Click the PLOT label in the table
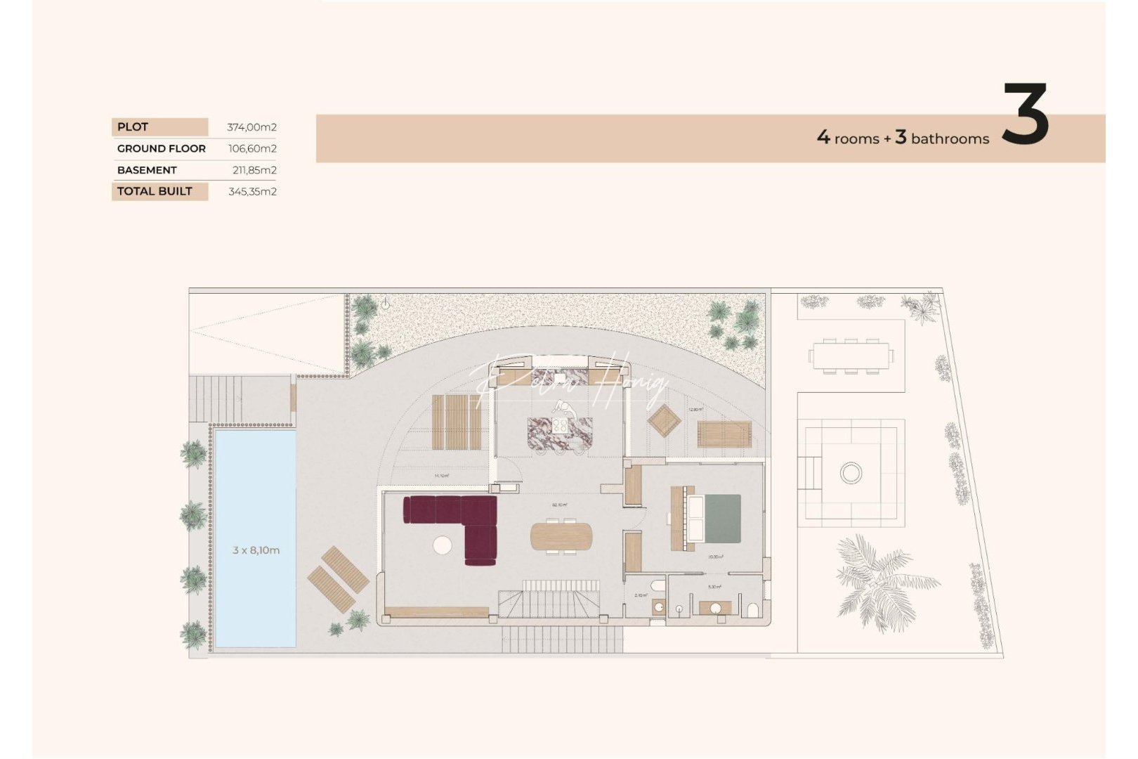[x=133, y=127]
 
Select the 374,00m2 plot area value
[x=251, y=127]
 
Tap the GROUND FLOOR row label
[x=161, y=149]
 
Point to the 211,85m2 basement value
[x=254, y=170]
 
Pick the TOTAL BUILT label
[x=155, y=191]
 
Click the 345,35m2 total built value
[x=252, y=191]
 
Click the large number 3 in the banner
[x=1025, y=115]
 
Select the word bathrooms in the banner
[x=950, y=139]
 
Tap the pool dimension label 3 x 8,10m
[x=256, y=550]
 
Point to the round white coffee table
[x=443, y=545]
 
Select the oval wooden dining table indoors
[x=561, y=537]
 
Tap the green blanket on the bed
[x=722, y=519]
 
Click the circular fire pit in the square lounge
[x=851, y=472]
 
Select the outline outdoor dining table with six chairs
[x=851, y=356]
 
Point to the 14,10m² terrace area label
[x=441, y=476]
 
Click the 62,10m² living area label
[x=560, y=505]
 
